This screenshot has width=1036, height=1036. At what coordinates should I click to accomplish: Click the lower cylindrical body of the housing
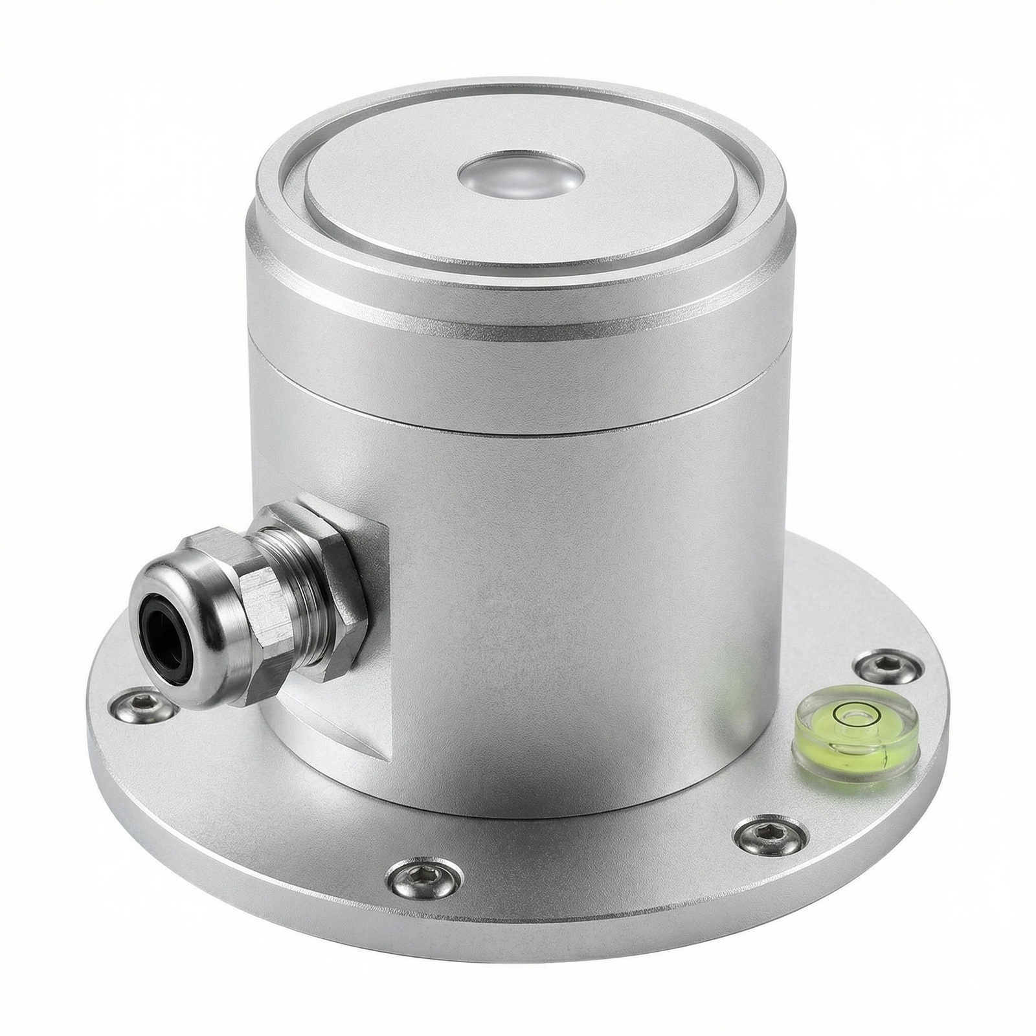coord(583,615)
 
